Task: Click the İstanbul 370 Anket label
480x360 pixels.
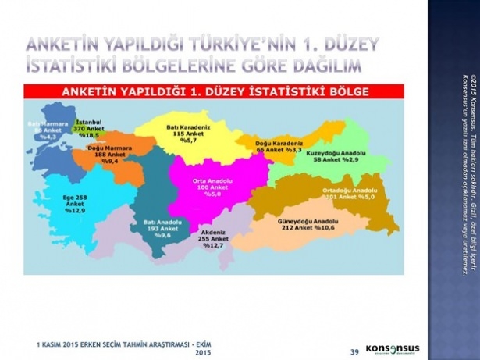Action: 87,129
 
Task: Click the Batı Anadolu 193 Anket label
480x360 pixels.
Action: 162,227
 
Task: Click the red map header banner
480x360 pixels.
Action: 219,91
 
